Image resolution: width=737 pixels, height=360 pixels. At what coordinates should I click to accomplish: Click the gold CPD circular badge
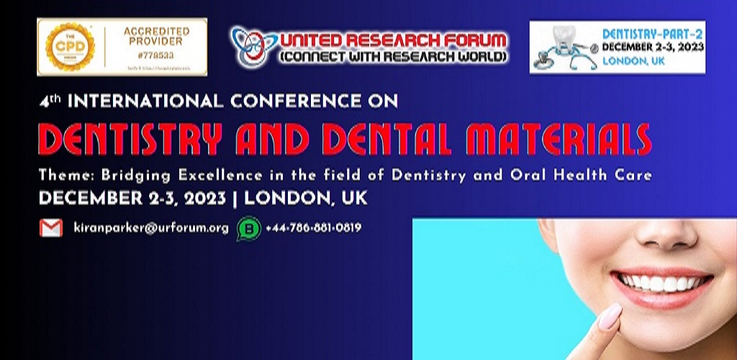point(70,47)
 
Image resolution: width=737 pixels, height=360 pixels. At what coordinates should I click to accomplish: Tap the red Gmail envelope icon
point(51,228)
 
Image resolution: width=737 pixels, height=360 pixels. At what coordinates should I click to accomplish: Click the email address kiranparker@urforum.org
point(151,228)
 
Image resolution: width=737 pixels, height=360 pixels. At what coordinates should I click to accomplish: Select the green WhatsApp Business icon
point(249,228)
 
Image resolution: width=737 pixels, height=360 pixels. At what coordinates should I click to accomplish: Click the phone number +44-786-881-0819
point(313,228)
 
